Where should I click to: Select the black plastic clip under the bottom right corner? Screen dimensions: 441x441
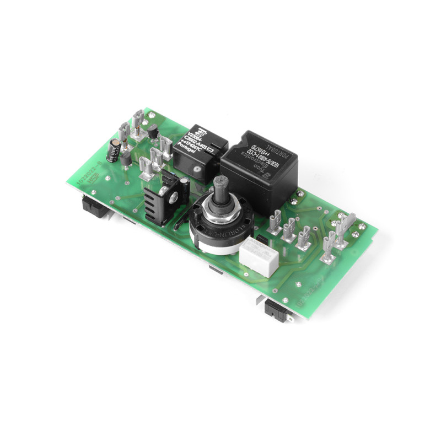pyautogui.click(x=277, y=311)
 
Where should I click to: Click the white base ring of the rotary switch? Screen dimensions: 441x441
pyautogui.click(x=209, y=243)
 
